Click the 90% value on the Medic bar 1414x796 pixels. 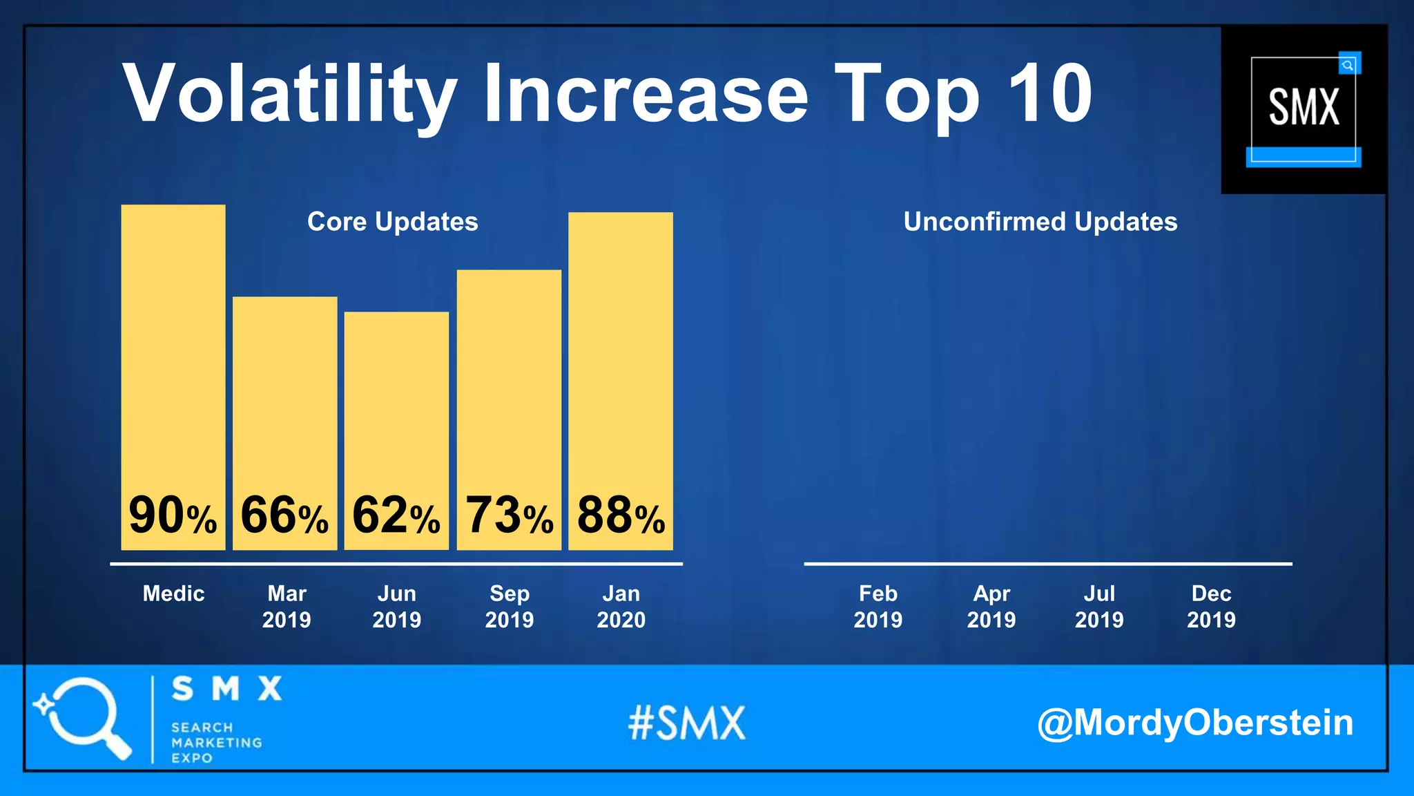point(173,515)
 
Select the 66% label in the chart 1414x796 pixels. point(284,515)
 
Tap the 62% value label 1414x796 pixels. point(396,515)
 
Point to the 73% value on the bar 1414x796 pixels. point(509,515)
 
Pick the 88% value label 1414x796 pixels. point(621,515)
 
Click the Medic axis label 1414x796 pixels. point(173,594)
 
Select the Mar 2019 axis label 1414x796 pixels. point(287,606)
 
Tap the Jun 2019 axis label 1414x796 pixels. point(397,606)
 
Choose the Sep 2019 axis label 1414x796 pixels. point(510,606)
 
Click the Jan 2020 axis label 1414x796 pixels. point(621,606)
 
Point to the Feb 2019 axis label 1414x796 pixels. point(878,606)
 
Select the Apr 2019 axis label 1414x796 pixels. point(991,606)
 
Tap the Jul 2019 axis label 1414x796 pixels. point(1099,606)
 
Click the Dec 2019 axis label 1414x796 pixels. point(1212,606)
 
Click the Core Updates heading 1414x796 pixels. point(392,222)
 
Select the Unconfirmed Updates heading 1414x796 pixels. point(1040,222)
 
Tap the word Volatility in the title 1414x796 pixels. point(290,95)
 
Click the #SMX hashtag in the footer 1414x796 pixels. point(687,723)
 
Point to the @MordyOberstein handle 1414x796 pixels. point(1195,723)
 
